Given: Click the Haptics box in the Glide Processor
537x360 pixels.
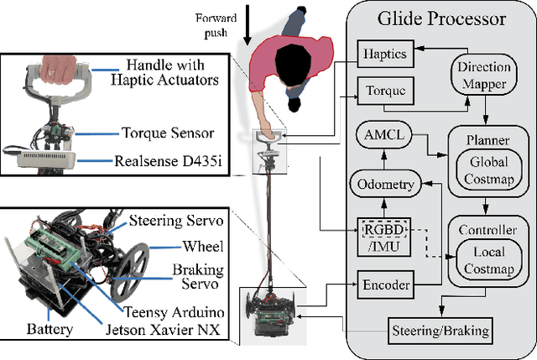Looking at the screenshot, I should coord(385,53).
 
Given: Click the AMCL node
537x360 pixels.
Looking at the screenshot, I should coord(383,135).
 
